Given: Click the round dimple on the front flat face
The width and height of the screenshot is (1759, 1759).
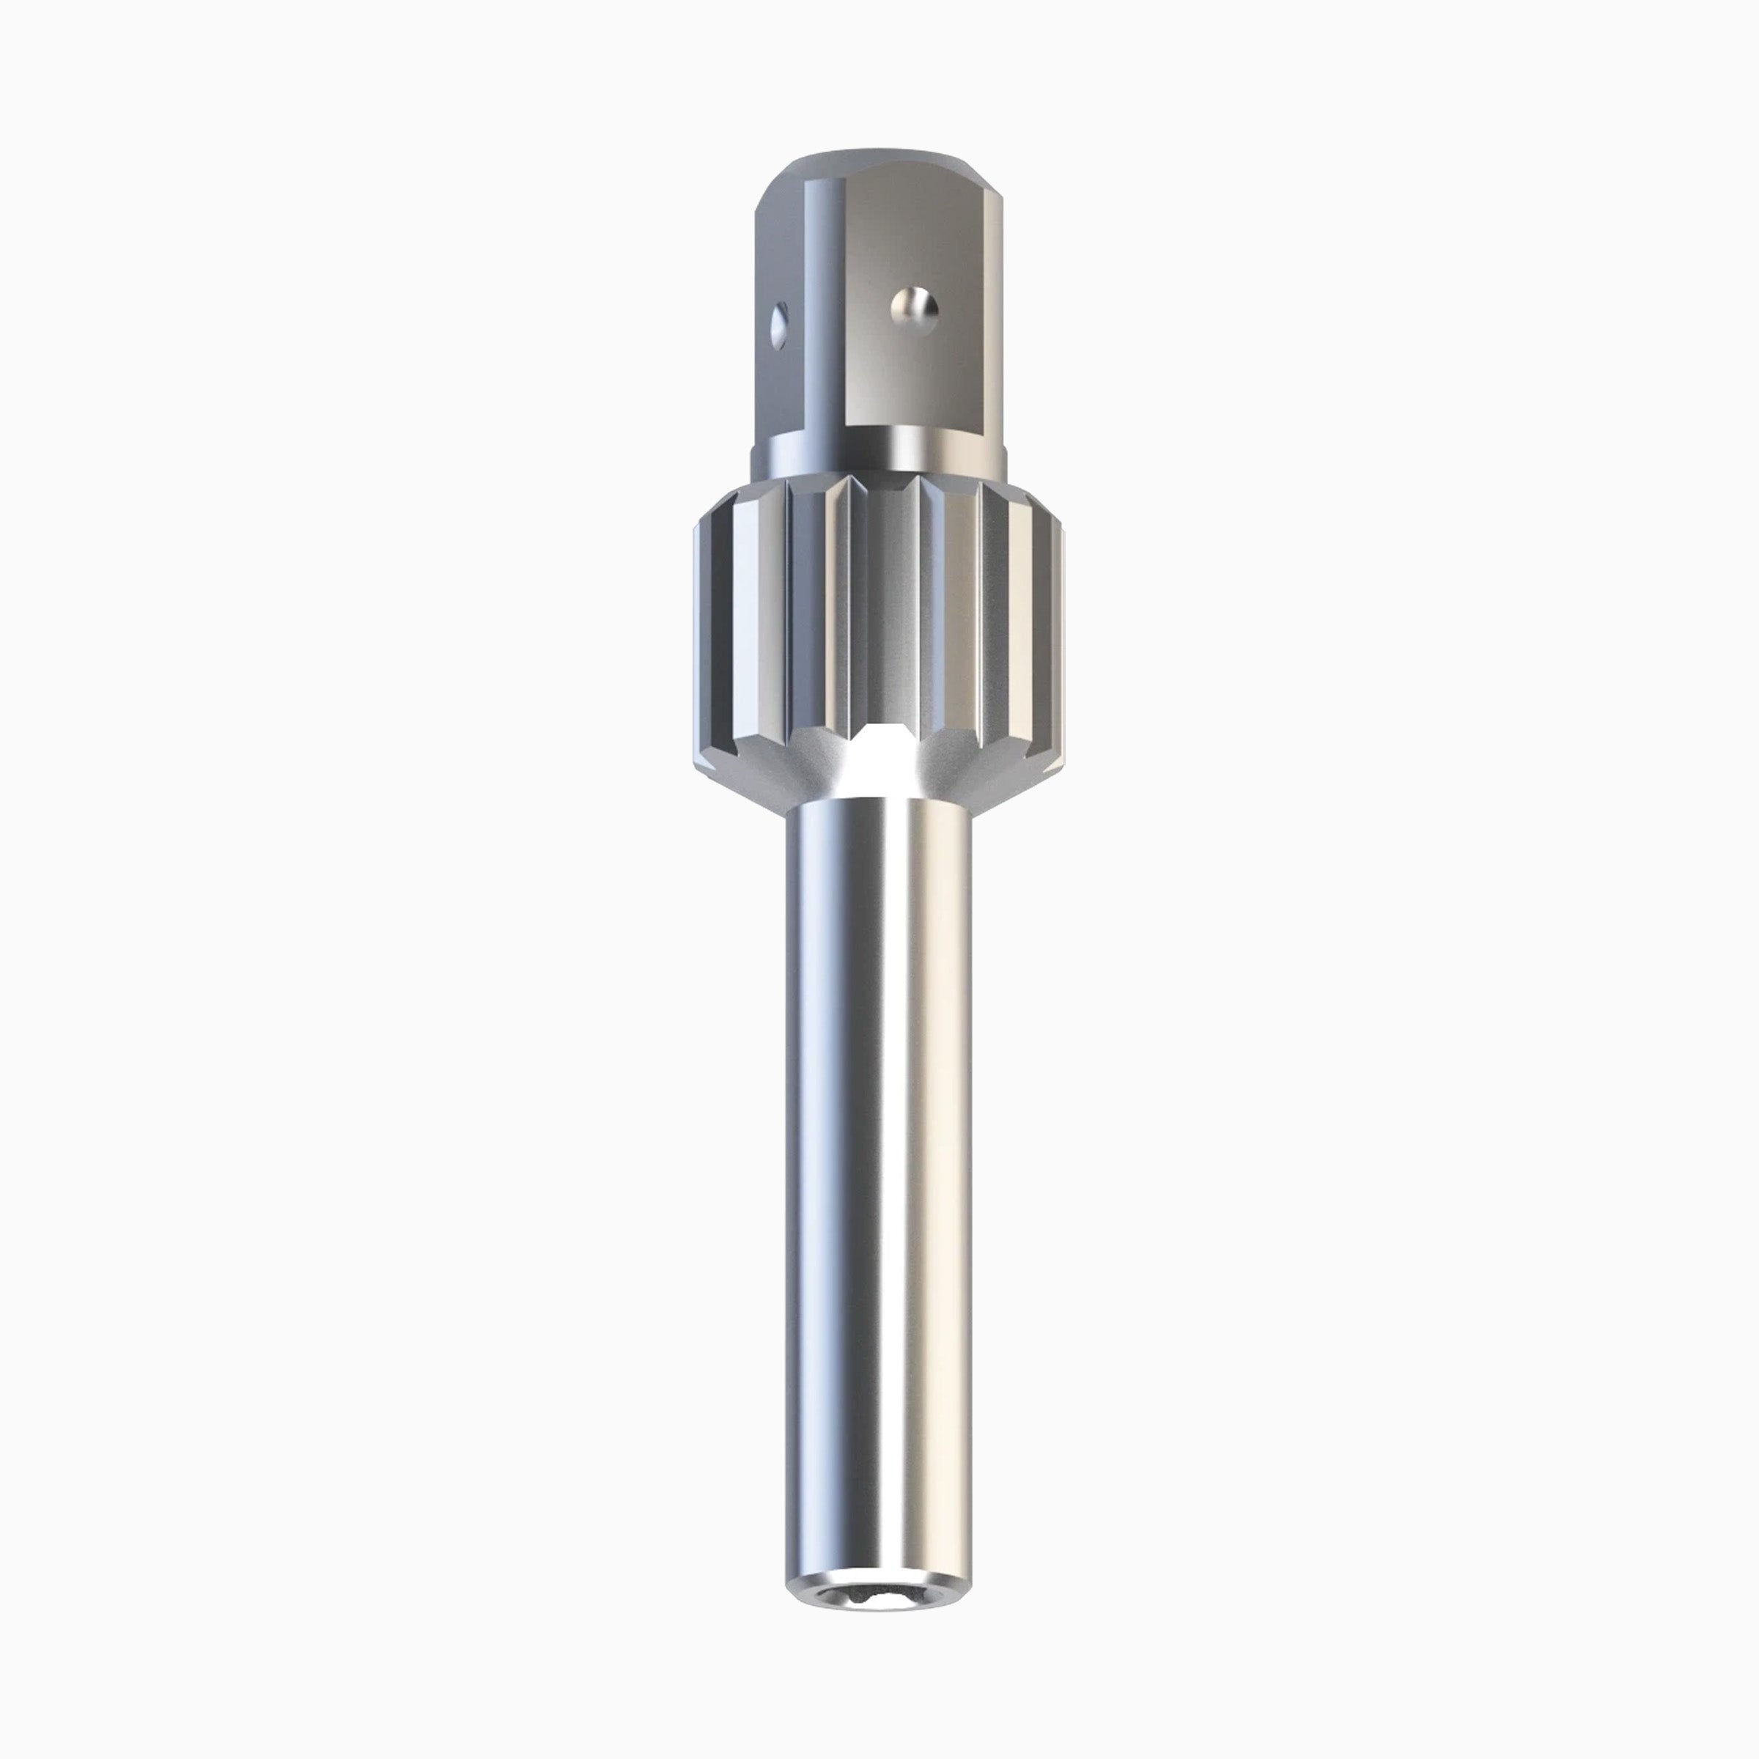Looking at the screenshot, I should [913, 308].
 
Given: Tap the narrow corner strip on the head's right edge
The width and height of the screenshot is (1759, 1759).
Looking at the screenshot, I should [1000, 300].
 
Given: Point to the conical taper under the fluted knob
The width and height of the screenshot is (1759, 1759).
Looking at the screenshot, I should [965, 779].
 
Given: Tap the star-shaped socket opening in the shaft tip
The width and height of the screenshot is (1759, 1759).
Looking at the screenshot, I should [879, 1598].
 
